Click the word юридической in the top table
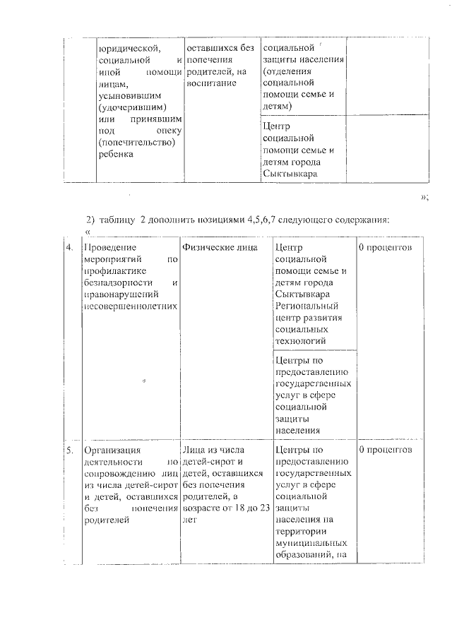tap(129, 49)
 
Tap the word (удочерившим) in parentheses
tap(133, 107)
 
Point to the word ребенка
tap(117, 155)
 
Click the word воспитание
tap(208, 83)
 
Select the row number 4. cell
tap(69, 248)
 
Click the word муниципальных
tap(310, 542)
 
